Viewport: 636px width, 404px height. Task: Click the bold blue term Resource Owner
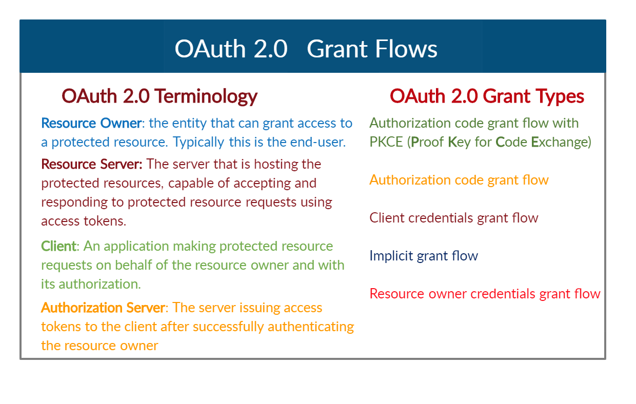click(x=91, y=124)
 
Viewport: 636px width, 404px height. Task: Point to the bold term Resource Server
click(x=92, y=165)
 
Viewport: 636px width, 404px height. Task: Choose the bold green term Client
click(x=58, y=246)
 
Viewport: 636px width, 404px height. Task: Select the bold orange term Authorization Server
click(x=103, y=308)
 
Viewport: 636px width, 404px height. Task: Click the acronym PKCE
click(x=386, y=142)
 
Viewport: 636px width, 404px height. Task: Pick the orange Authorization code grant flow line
click(x=459, y=180)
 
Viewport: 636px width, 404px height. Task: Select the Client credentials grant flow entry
click(x=454, y=218)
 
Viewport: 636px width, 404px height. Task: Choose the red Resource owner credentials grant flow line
click(x=485, y=294)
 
